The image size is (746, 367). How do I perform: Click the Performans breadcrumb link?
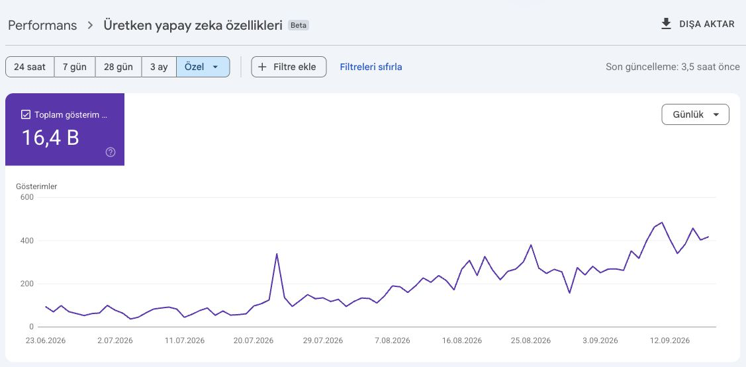tap(42, 25)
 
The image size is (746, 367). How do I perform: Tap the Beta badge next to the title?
tap(299, 25)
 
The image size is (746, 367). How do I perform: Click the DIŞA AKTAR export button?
tap(698, 24)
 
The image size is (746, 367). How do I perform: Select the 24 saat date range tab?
tap(30, 67)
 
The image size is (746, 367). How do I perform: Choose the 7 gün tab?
tap(75, 67)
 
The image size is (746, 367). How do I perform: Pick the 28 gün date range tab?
tap(118, 67)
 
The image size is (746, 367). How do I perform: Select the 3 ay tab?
tap(159, 67)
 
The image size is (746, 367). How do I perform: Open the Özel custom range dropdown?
tap(203, 67)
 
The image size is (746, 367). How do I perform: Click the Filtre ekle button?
tap(289, 67)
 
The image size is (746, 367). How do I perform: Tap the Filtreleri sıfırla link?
tap(371, 67)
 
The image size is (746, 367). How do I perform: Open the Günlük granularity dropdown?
tap(695, 114)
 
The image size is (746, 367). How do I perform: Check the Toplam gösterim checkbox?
tap(26, 114)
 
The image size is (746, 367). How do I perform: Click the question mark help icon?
tap(111, 152)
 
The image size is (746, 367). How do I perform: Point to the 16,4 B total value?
tap(50, 138)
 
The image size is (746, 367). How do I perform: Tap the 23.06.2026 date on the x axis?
tap(46, 341)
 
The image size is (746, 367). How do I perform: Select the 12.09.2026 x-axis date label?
tap(670, 341)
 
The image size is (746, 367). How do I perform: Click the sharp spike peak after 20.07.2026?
tap(277, 254)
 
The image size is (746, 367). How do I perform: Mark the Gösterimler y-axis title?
tap(36, 186)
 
